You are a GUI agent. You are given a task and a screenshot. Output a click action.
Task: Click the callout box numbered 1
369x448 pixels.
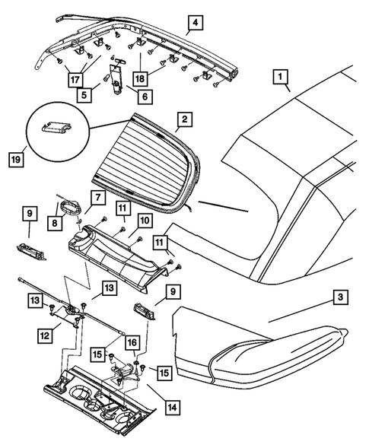pos(282,78)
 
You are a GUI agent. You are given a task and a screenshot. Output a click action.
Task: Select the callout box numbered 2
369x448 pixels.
pos(183,120)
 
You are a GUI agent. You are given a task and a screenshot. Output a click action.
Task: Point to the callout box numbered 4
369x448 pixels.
pos(196,23)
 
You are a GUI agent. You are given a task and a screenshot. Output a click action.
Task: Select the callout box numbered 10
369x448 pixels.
pos(143,220)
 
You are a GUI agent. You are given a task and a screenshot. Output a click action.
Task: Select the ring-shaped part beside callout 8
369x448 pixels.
pos(71,208)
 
